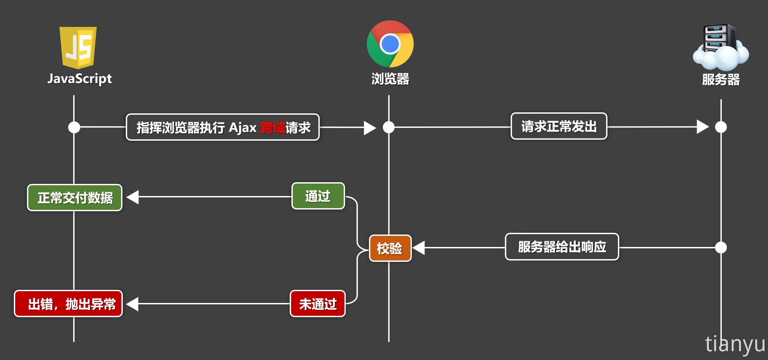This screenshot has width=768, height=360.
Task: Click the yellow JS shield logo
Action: tap(78, 47)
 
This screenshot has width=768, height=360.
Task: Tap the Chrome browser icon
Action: tap(390, 44)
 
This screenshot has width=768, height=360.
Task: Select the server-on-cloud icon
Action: tap(720, 47)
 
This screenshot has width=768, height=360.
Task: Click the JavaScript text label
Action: tap(80, 79)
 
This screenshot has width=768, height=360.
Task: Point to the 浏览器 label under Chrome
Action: tap(390, 79)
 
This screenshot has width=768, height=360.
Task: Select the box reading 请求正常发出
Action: tap(559, 127)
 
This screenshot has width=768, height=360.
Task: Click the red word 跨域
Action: tap(273, 128)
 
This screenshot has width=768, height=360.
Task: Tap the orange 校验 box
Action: tap(390, 248)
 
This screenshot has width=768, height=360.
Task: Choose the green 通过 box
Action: tap(318, 196)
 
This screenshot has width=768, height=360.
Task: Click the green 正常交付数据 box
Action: tap(75, 198)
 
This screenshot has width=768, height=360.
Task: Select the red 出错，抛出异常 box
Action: tap(68, 304)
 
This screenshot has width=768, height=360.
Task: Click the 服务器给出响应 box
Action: tap(562, 247)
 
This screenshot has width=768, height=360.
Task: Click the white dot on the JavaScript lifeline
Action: tap(74, 127)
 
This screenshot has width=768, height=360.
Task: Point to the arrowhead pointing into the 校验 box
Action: tap(419, 248)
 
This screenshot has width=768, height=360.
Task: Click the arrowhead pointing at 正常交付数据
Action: tap(133, 197)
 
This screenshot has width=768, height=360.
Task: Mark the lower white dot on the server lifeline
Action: tap(721, 247)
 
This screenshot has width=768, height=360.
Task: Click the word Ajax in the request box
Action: tap(243, 128)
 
